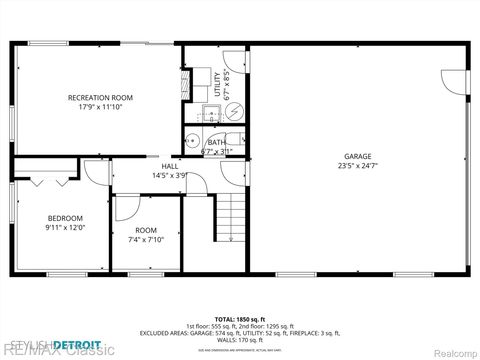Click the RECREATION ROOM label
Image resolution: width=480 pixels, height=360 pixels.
tap(100, 97)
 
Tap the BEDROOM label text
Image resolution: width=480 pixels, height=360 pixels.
tap(66, 218)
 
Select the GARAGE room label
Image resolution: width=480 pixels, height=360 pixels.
tap(358, 156)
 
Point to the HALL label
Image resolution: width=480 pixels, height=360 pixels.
tap(156, 166)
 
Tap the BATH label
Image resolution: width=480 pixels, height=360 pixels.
tap(216, 142)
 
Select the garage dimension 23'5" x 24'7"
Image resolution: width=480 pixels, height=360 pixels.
tap(358, 166)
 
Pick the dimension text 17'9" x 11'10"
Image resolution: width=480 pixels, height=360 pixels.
tap(100, 107)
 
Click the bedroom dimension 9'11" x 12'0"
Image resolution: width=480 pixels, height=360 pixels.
tap(66, 228)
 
